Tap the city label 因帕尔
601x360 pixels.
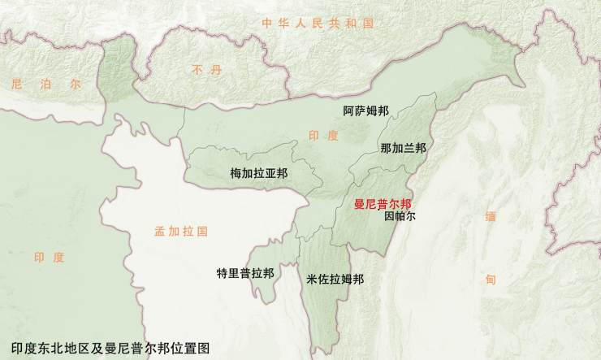pos(399,218)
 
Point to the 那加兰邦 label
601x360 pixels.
pos(403,148)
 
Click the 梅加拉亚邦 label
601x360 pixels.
pos(258,173)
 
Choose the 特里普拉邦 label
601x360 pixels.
pos(245,272)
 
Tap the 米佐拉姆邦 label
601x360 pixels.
pos(335,279)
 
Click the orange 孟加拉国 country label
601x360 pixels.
pos(181,232)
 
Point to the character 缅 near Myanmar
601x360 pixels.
pos(491,217)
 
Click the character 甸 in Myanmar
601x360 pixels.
pos(491,279)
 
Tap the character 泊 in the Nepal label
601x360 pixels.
pos(45,84)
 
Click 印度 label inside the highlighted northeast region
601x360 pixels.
pos(323,136)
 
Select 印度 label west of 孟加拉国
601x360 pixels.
pos(49,257)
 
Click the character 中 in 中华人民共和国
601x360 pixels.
pos(267,24)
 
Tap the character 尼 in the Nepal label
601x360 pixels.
pos(15,84)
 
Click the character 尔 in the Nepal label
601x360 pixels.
pos(74,84)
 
